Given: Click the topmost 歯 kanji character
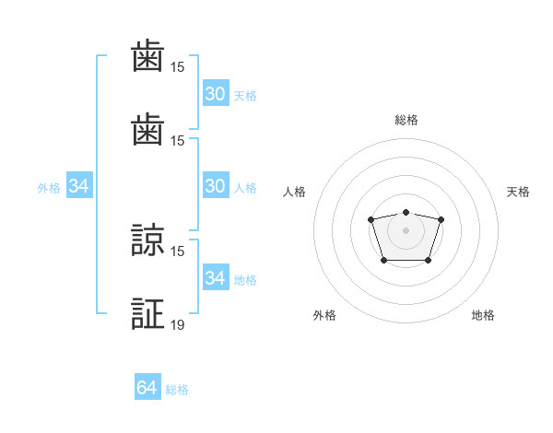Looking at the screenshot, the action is click(x=147, y=55).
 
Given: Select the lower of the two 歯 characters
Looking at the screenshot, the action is click(x=147, y=129).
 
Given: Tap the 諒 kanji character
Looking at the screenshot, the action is click(x=147, y=240).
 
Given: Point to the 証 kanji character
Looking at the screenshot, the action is click(x=147, y=313).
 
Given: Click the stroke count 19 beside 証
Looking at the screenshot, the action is click(x=177, y=324).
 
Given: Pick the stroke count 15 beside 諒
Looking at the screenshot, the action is click(x=177, y=252).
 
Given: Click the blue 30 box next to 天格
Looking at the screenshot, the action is click(x=216, y=93).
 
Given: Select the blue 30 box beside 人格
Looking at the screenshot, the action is click(x=216, y=185).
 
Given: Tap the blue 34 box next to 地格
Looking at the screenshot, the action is click(x=216, y=276).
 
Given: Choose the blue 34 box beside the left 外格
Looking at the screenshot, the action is click(x=79, y=185).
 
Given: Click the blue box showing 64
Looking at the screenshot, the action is click(x=147, y=386).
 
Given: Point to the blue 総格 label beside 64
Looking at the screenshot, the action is click(x=177, y=390).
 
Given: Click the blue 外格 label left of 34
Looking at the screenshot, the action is click(x=49, y=188).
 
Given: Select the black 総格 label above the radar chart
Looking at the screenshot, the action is click(x=406, y=120).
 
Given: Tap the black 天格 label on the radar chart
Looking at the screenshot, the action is click(x=518, y=192).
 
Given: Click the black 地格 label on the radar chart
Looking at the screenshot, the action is click(x=483, y=315).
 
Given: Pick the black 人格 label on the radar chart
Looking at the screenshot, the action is click(x=294, y=192).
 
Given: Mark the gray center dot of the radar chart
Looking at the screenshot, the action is click(x=406, y=230).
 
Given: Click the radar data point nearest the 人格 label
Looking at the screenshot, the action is click(x=371, y=219).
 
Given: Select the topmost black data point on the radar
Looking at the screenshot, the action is click(x=406, y=212).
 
